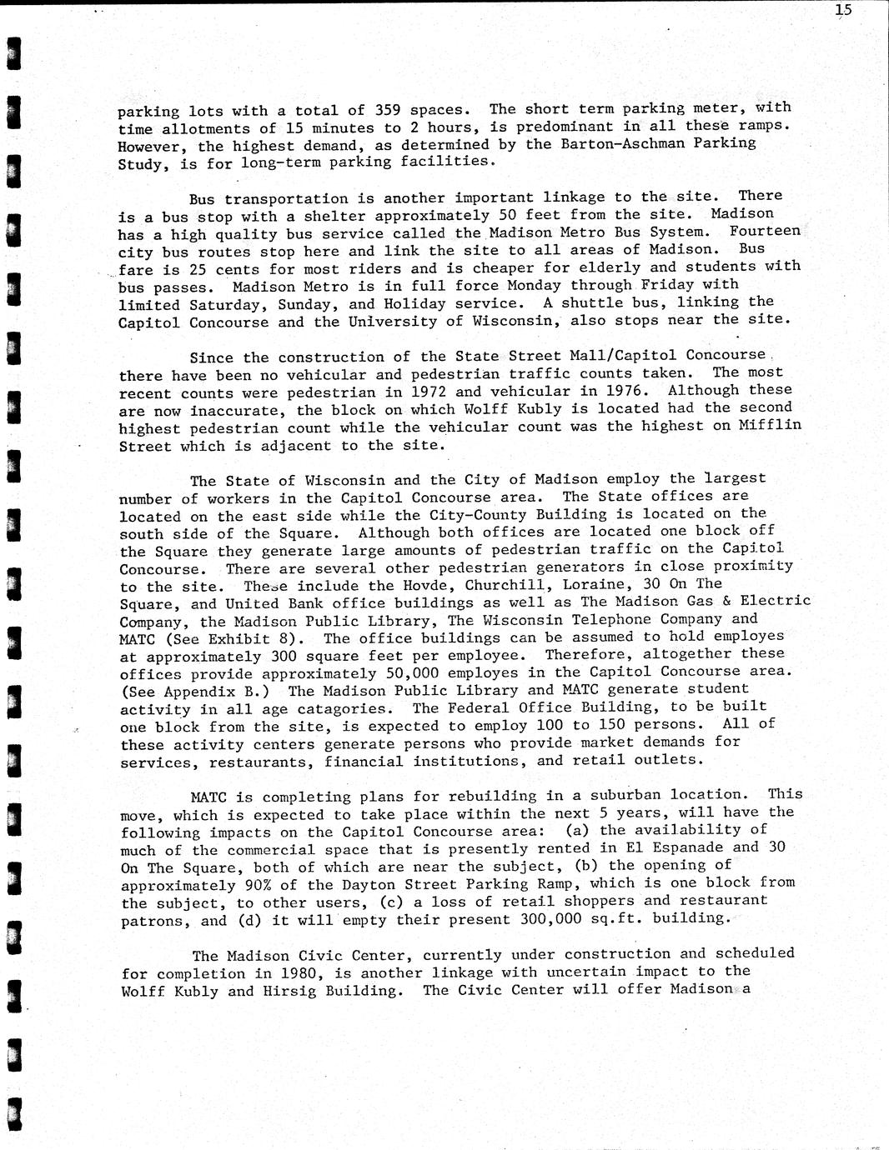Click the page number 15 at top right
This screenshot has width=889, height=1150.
[x=843, y=11]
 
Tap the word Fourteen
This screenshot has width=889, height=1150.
[x=765, y=231]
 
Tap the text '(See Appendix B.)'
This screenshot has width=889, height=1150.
[x=198, y=691]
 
